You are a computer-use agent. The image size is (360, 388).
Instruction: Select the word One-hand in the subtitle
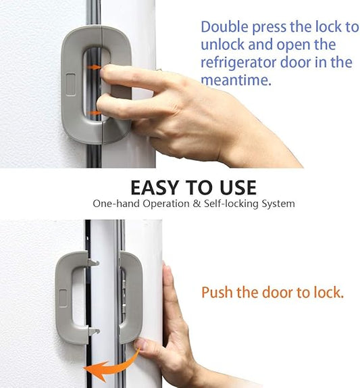(114, 203)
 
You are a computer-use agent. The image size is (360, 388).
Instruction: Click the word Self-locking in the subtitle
(221, 203)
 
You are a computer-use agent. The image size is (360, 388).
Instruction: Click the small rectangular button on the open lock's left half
(62, 295)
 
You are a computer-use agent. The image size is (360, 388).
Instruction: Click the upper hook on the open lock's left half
(93, 262)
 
